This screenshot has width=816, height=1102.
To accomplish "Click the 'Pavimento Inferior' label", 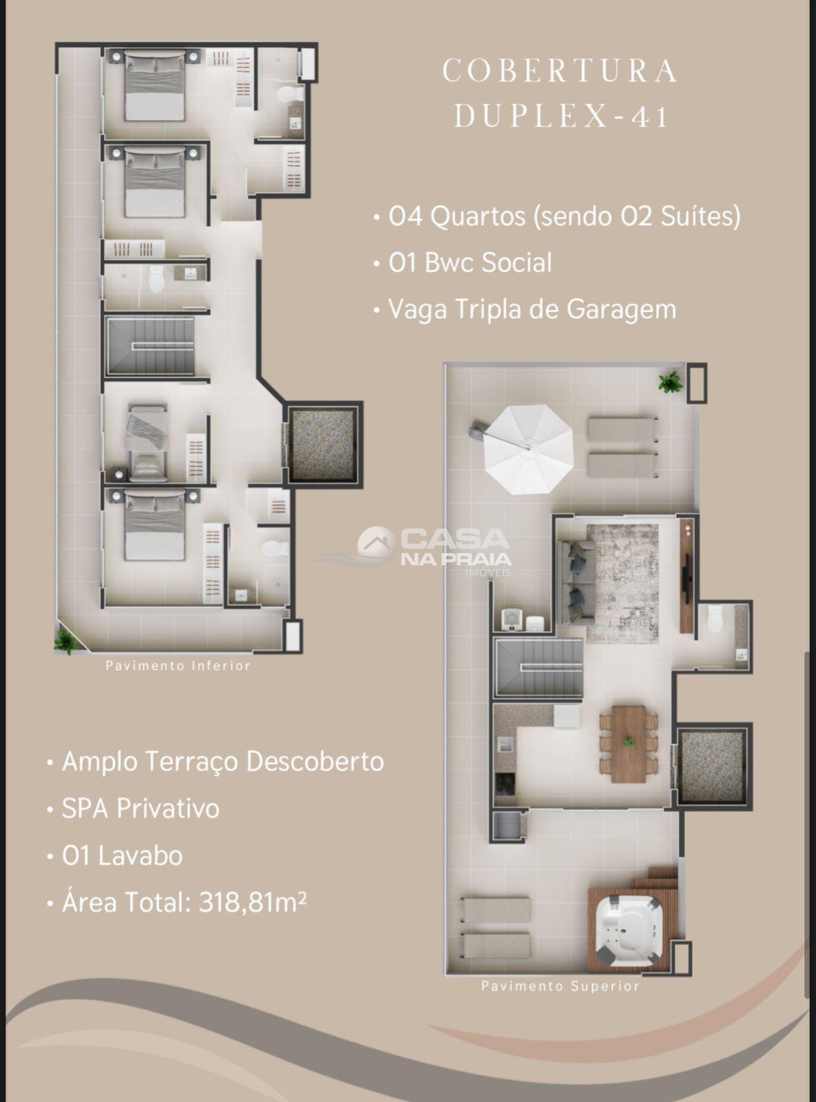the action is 178,666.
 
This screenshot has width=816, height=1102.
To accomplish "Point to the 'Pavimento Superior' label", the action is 561,986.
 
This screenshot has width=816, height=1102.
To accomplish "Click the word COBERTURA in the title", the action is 560,70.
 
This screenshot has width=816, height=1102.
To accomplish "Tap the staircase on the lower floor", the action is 151,346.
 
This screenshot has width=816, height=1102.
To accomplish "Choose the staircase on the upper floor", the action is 539,668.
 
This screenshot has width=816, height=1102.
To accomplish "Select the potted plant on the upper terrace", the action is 669,382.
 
